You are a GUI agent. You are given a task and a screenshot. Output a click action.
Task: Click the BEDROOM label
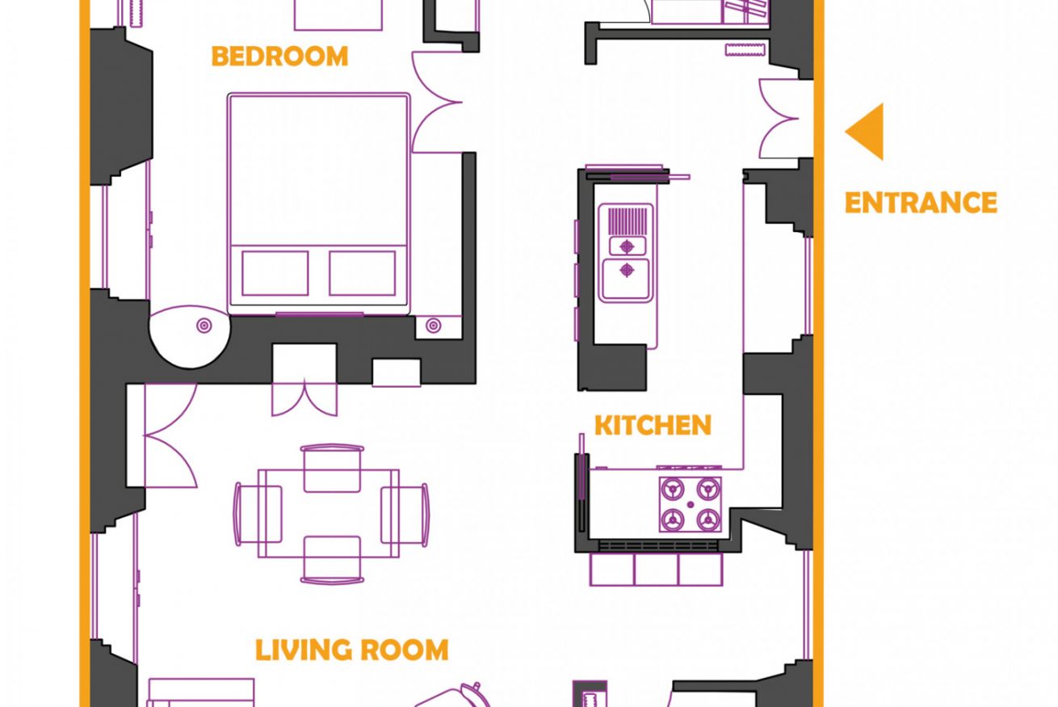click(279, 57)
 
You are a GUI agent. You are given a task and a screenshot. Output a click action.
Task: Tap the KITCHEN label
click(653, 425)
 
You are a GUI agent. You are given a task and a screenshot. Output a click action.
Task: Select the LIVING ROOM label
click(352, 650)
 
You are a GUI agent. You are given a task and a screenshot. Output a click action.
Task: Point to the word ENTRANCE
click(921, 203)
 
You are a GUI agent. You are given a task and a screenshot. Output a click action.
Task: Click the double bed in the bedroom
click(319, 204)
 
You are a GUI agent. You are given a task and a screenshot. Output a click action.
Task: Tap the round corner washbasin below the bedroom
click(190, 336)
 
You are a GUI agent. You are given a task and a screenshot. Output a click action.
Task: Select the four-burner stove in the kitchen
click(691, 504)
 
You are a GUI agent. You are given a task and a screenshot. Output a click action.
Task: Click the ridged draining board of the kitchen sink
click(628, 221)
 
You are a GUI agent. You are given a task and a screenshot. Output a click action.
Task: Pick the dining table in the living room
click(329, 514)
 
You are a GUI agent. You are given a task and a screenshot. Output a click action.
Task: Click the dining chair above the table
click(332, 468)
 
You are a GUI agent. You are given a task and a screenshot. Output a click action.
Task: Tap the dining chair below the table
click(332, 560)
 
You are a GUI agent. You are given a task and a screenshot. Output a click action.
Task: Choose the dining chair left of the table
click(258, 514)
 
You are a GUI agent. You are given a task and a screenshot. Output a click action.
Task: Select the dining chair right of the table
click(405, 514)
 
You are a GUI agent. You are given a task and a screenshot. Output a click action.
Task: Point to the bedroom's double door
click(436, 102)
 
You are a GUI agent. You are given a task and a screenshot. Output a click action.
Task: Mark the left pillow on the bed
click(275, 273)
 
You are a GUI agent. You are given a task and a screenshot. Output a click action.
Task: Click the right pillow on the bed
click(363, 273)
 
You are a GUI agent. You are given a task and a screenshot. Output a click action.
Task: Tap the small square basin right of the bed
click(439, 327)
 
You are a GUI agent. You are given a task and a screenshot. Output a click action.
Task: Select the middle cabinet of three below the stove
click(656, 570)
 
